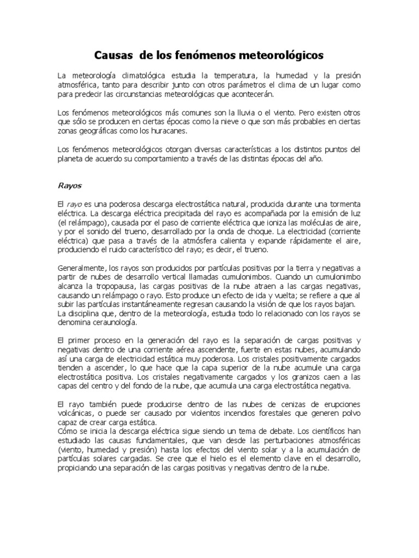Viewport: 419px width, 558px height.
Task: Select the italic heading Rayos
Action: coord(69,185)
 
